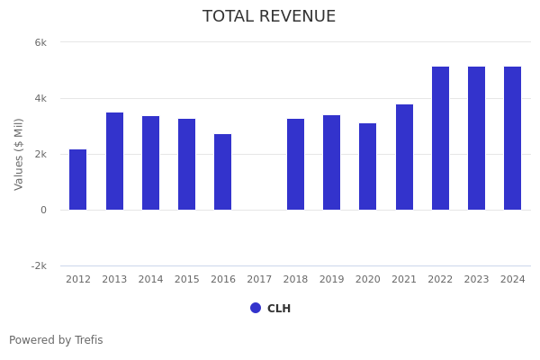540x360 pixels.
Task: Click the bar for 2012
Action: pyautogui.click(x=78, y=180)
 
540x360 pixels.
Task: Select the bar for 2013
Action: pyautogui.click(x=114, y=162)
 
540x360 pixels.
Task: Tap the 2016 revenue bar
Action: pyautogui.click(x=223, y=172)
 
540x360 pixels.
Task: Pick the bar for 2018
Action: pyautogui.click(x=295, y=165)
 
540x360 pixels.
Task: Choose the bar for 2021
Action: pyautogui.click(x=404, y=157)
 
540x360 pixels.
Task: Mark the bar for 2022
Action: pyautogui.click(x=440, y=139)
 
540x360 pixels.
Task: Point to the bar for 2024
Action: pyautogui.click(x=512, y=139)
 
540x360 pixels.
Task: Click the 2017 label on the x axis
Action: pyautogui.click(x=259, y=280)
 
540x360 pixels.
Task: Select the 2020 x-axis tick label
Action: pyautogui.click(x=368, y=280)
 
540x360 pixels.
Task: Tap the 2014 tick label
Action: pyautogui.click(x=150, y=280)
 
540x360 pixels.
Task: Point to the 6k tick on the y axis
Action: pyautogui.click(x=40, y=42)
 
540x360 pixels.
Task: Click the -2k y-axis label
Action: pyautogui.click(x=39, y=266)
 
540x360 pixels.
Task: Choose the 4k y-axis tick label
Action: pyautogui.click(x=40, y=98)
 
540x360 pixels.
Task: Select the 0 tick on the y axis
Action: pyautogui.click(x=43, y=211)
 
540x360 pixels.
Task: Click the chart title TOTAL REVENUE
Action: pyautogui.click(x=269, y=17)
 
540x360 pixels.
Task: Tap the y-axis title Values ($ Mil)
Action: pyautogui.click(x=19, y=154)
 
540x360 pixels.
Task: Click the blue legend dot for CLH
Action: pyautogui.click(x=256, y=308)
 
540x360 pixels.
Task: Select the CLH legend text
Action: pyautogui.click(x=279, y=309)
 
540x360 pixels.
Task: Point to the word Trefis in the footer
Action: pyautogui.click(x=88, y=340)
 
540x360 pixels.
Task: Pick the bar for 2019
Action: pyautogui.click(x=331, y=163)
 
